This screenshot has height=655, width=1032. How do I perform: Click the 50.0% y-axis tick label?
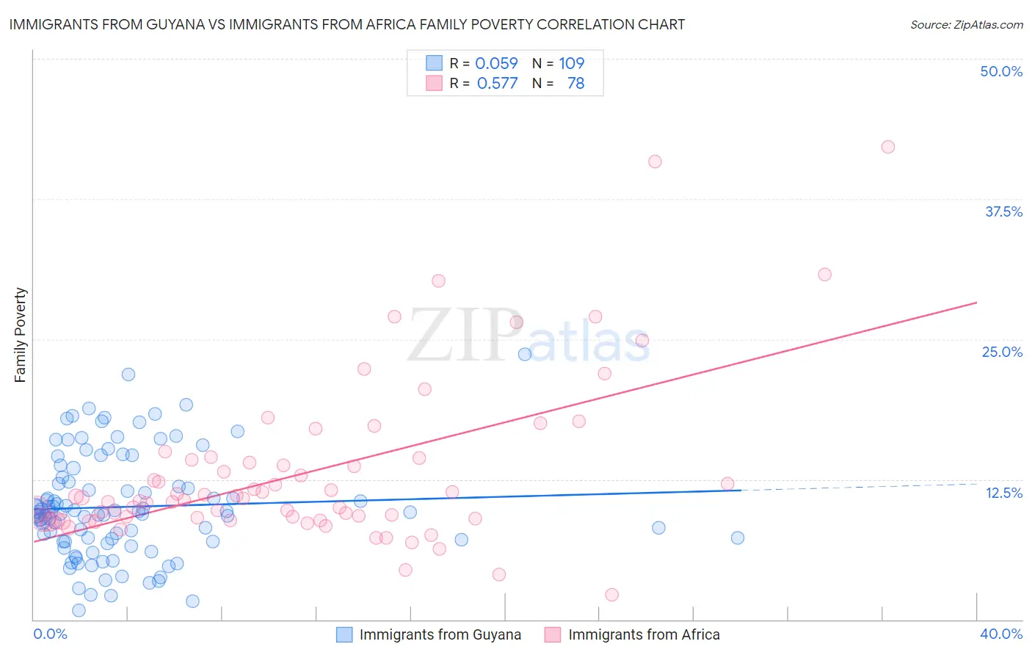[x=1001, y=71]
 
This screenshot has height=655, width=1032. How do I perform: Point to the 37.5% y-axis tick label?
[x=1003, y=211]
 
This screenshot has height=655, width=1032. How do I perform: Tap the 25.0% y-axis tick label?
[x=1002, y=352]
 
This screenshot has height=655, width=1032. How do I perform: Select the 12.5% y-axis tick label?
[x=1003, y=493]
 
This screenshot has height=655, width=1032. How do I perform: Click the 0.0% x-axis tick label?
[x=50, y=634]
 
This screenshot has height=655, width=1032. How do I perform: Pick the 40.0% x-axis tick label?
[x=1000, y=634]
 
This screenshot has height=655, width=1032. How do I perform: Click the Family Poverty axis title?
[x=20, y=335]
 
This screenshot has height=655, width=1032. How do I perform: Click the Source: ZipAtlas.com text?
[x=966, y=25]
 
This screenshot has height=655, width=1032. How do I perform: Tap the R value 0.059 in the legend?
[x=496, y=63]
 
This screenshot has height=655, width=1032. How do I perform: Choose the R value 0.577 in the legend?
[x=497, y=84]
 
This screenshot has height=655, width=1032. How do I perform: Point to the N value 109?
[x=571, y=63]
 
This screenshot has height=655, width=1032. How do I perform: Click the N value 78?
[x=575, y=84]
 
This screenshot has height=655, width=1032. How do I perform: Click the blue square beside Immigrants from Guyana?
[x=344, y=634]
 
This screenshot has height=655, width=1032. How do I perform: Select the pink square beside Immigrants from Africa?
[x=553, y=634]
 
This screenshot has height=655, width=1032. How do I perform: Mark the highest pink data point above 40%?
[x=887, y=147]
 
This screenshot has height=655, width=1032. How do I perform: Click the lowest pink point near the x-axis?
[x=611, y=595]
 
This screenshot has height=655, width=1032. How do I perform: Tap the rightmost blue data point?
[x=738, y=538]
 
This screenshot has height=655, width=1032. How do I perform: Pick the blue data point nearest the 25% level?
[x=525, y=354]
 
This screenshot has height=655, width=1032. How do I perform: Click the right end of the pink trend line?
[x=976, y=303]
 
